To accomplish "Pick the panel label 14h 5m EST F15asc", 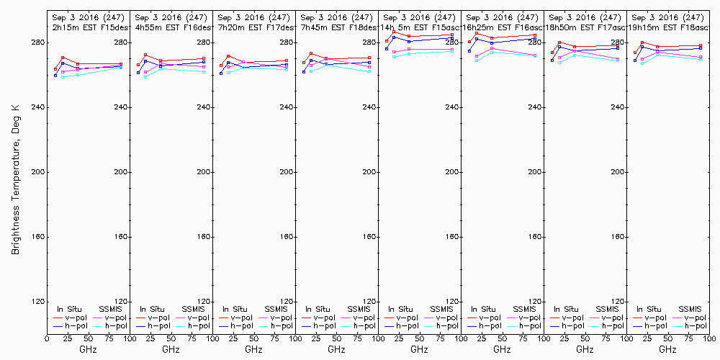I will click(419, 27).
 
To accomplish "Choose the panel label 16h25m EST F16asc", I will click(502, 27).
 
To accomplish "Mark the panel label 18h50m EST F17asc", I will click(585, 27).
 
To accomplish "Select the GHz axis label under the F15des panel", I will click(88, 349).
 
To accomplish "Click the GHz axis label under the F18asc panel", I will click(667, 349).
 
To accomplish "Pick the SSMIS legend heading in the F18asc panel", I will click(690, 309).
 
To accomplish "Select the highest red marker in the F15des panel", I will click(63, 58).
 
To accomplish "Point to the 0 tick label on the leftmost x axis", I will click(48, 338).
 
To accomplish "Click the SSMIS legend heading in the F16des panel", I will click(193, 309).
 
